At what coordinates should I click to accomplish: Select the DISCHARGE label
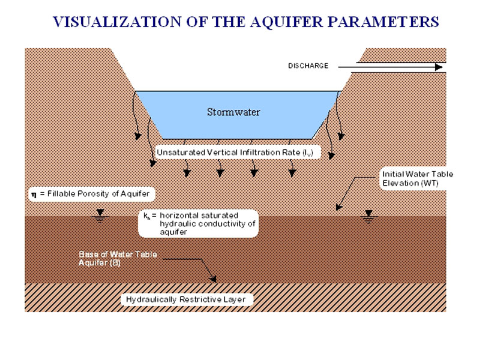[x=308, y=66]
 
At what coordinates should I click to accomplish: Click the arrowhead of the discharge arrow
[x=439, y=67]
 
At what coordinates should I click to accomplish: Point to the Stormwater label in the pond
[x=233, y=112]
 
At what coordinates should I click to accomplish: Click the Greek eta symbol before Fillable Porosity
[x=34, y=194]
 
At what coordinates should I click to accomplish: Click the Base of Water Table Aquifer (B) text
[x=118, y=259]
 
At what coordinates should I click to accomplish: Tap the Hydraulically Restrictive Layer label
[x=185, y=299]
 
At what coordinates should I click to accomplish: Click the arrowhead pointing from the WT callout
[x=338, y=207]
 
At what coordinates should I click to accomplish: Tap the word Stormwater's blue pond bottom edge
[x=240, y=137]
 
